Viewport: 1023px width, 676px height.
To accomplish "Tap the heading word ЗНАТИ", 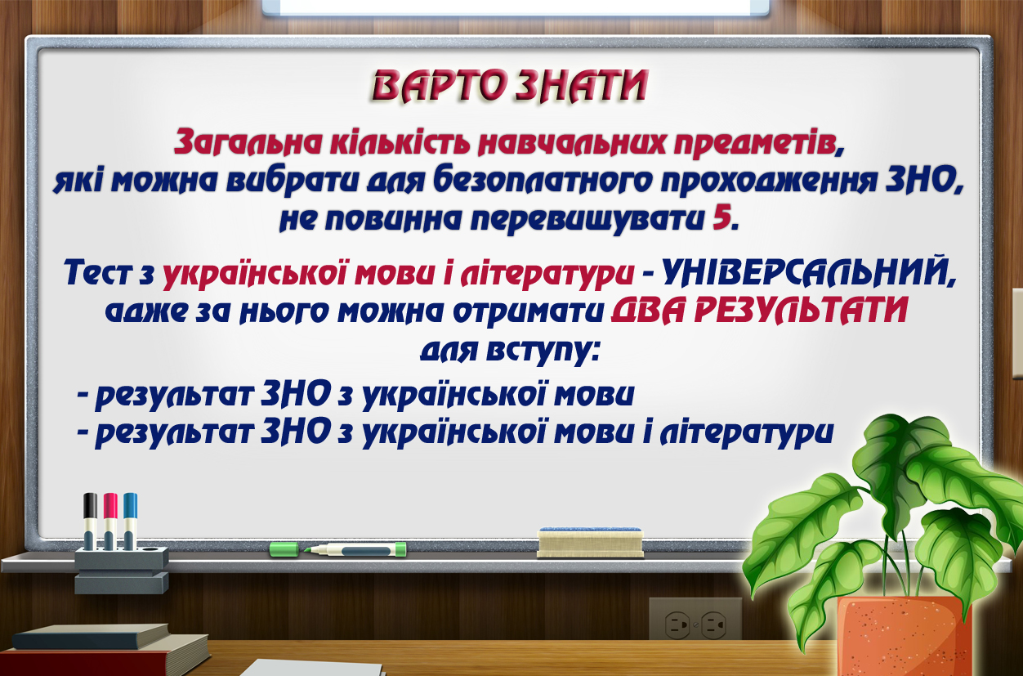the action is pyautogui.click(x=583, y=85).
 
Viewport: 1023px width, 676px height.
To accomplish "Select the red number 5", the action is pyautogui.click(x=721, y=218).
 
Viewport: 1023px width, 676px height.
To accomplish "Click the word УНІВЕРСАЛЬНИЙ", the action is pyautogui.click(x=807, y=273).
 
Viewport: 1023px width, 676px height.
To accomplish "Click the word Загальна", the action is pyautogui.click(x=248, y=142).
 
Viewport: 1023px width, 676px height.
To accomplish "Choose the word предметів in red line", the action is pyautogui.click(x=758, y=143).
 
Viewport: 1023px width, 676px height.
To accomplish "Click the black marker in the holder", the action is pyautogui.click(x=90, y=521).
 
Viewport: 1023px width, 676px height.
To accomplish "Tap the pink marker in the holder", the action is pyautogui.click(x=110, y=521).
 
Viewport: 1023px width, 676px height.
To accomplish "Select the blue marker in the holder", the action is pyautogui.click(x=130, y=521).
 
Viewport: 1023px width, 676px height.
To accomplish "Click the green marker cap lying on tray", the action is pyautogui.click(x=284, y=549).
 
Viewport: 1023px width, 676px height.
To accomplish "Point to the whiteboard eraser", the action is pyautogui.click(x=590, y=543).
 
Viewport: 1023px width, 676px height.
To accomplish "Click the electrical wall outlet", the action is pyautogui.click(x=695, y=618).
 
